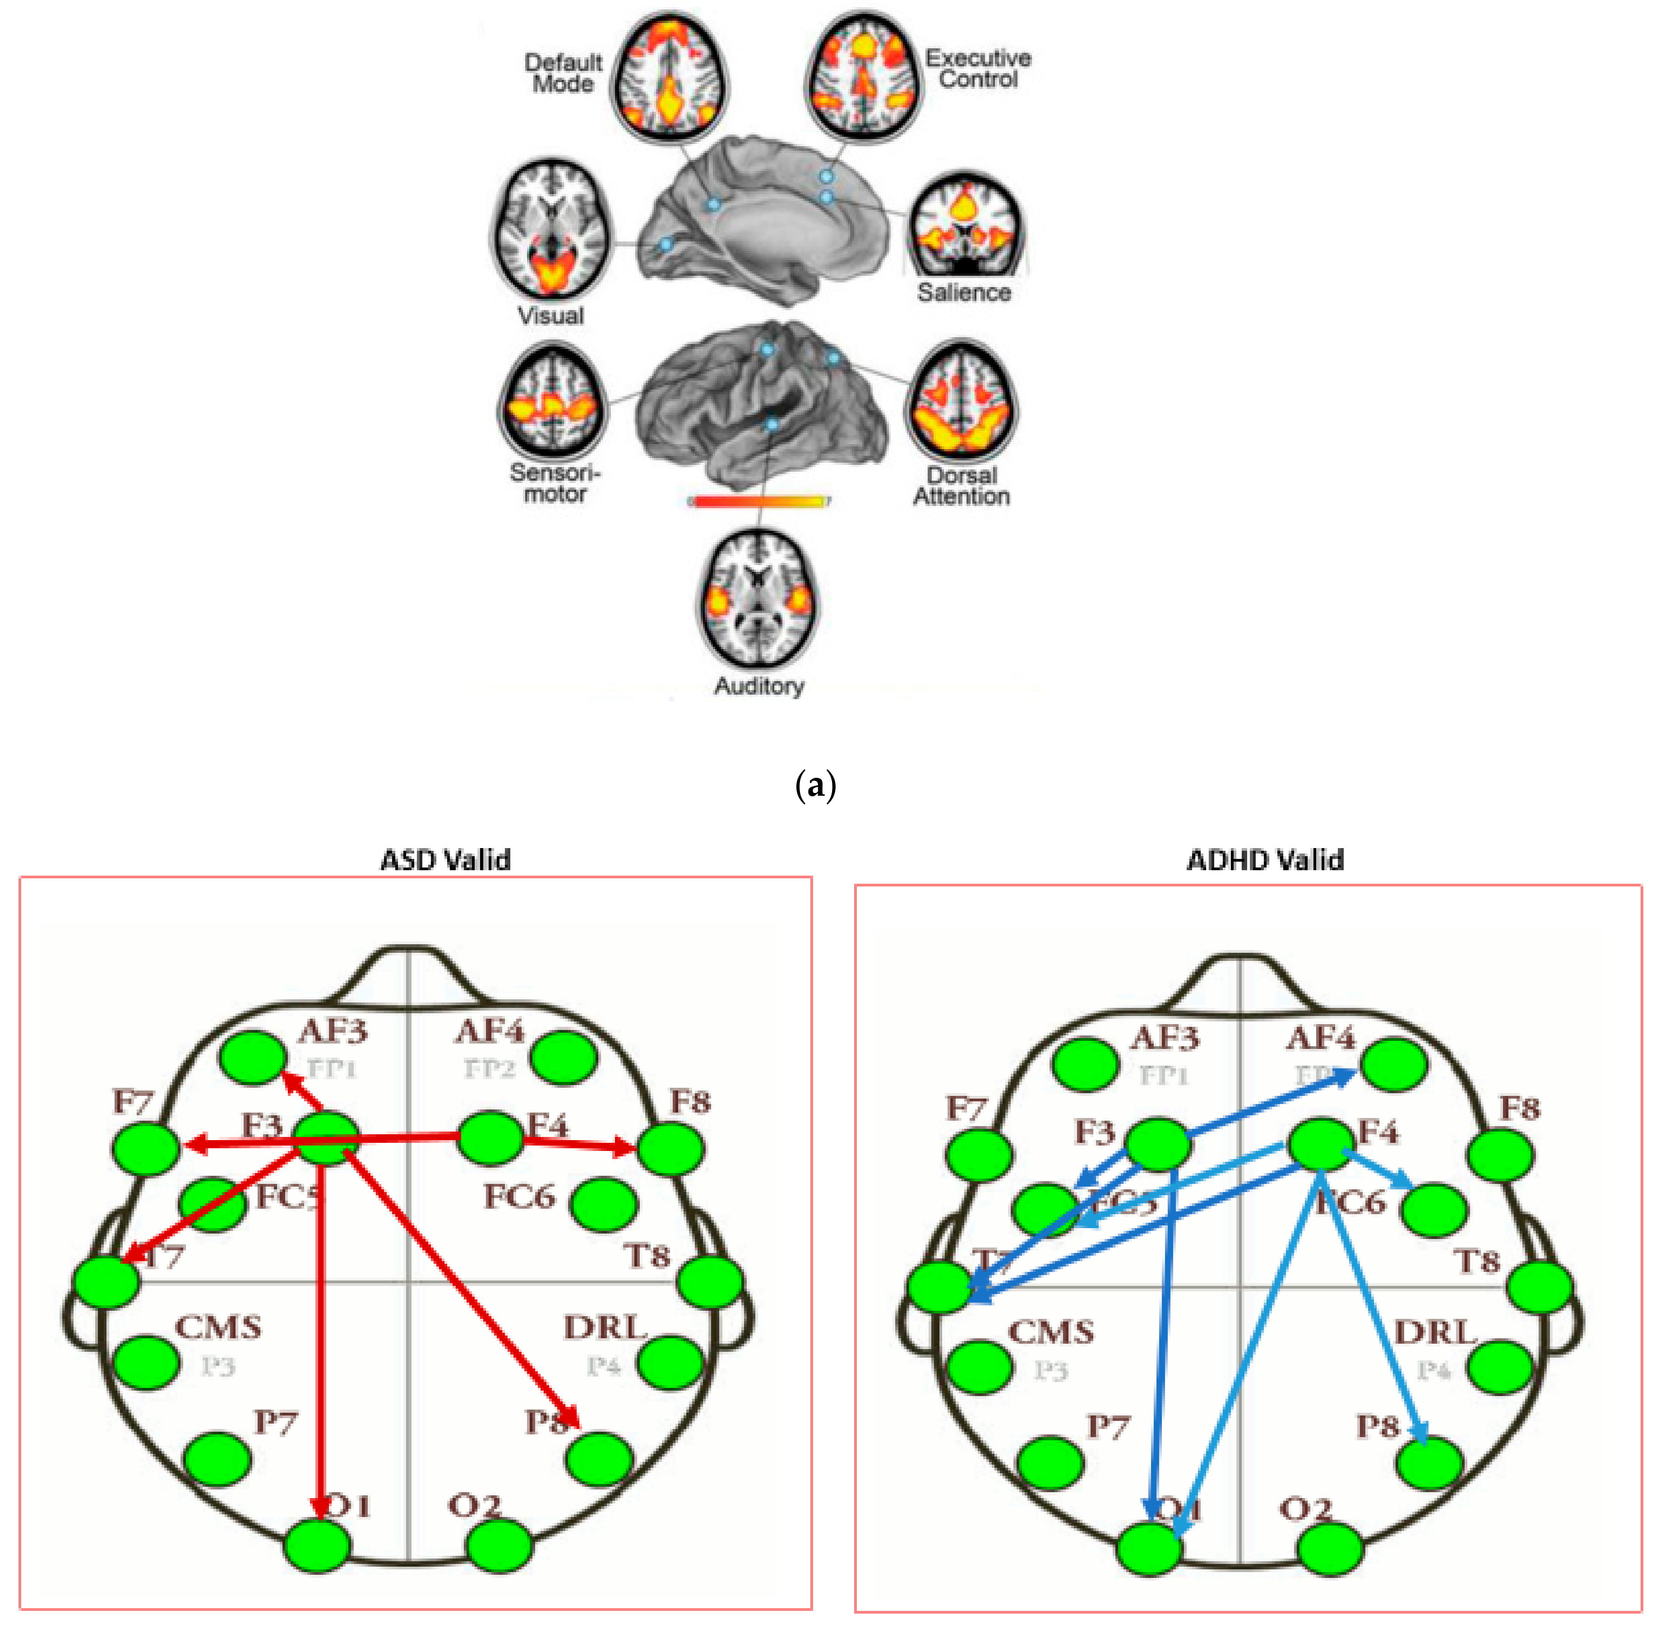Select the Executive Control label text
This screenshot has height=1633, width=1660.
tap(977, 69)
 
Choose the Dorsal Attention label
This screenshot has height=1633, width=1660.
tap(961, 486)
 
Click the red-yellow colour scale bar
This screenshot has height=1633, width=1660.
tap(760, 501)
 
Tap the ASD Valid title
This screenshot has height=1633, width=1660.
tap(445, 859)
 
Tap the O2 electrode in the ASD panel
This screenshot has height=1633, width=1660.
tap(499, 1545)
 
